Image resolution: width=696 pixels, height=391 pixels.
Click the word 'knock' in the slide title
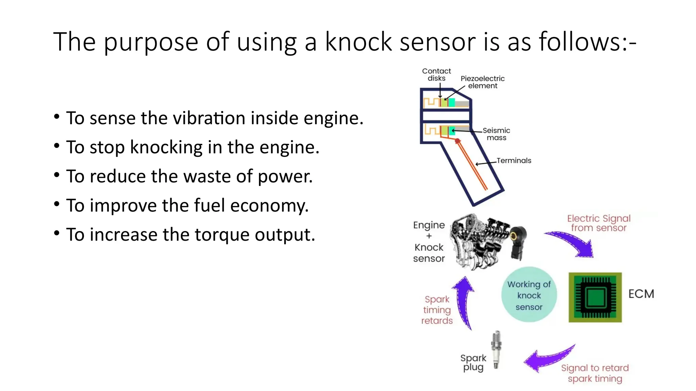[358, 42]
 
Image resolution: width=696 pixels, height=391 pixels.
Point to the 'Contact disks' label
[436, 75]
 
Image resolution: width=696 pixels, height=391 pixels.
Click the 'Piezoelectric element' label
[483, 82]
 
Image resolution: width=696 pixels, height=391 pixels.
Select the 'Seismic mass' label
[496, 134]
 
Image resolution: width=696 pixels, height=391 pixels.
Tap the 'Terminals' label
[514, 161]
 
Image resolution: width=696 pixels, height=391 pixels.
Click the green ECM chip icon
[595, 297]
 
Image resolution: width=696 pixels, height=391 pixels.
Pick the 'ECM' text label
[641, 294]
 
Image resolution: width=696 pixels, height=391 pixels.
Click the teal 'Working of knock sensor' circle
[529, 295]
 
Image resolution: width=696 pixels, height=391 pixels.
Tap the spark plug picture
[496, 350]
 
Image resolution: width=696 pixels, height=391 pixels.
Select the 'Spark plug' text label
[473, 362]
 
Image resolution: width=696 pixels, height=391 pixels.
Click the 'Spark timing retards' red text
[437, 310]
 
